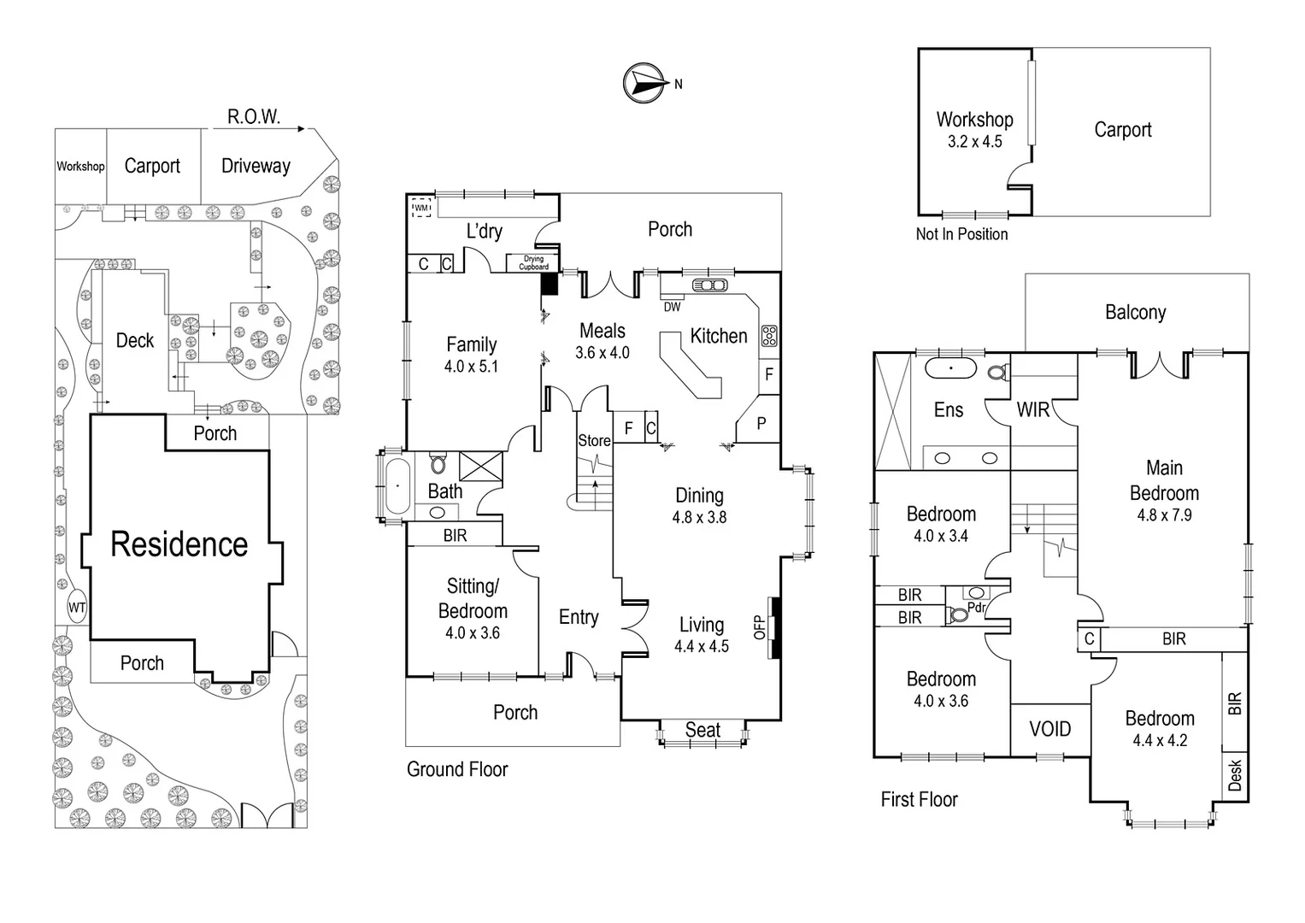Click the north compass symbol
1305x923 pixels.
646,83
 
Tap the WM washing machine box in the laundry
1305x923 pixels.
421,208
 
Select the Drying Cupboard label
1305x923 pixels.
533,263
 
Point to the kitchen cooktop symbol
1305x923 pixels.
769,336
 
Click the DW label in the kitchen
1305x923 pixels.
672,307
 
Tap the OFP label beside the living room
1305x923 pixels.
759,627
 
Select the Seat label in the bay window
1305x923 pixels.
702,730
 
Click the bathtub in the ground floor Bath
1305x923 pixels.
397,485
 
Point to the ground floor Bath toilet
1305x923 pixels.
438,463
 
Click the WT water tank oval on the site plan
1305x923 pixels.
77,608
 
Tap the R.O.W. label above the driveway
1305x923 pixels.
253,117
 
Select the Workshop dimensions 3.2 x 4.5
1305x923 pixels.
974,142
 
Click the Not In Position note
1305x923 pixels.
961,234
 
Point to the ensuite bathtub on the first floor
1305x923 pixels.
950,369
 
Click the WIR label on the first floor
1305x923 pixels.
1032,410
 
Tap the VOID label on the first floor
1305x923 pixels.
1049,729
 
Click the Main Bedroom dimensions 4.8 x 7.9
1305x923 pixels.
1164,515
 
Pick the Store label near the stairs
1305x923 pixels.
594,441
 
